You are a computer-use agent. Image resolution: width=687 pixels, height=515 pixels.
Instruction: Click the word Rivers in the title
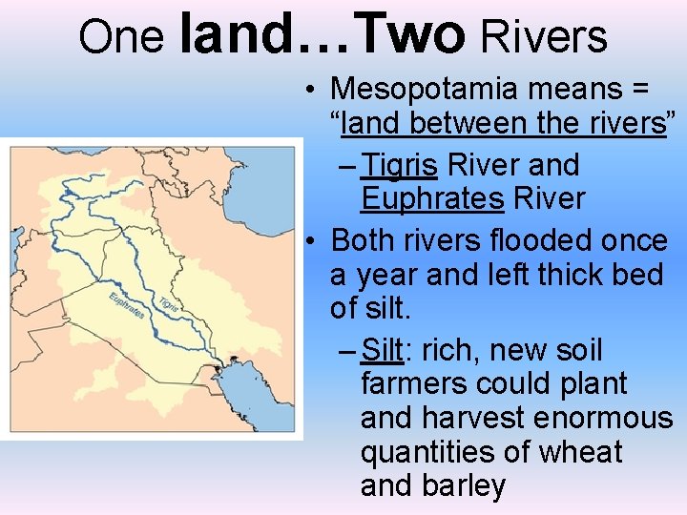tap(545, 36)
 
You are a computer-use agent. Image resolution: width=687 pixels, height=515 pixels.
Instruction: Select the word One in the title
tap(121, 36)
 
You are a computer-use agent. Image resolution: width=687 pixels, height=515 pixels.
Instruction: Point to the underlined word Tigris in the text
tap(400, 165)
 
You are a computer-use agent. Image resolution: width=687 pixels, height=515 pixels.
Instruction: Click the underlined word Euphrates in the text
tap(432, 198)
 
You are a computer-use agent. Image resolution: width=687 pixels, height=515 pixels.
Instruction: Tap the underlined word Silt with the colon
tap(385, 350)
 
